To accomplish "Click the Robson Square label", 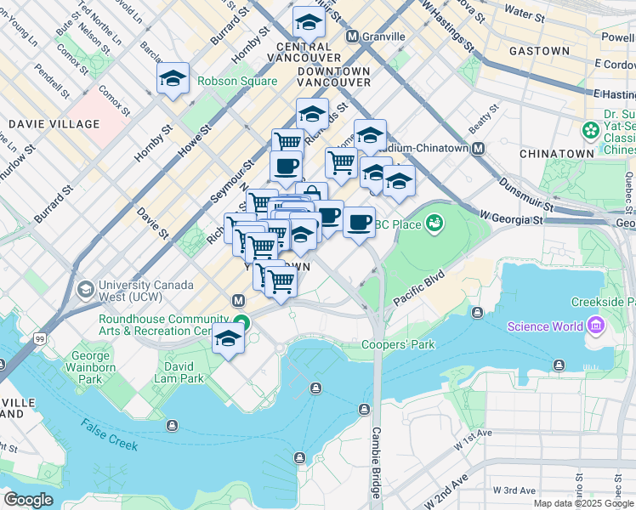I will pyautogui.click(x=237, y=82).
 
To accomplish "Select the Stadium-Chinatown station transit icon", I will pyautogui.click(x=479, y=148).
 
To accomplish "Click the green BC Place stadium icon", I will pyautogui.click(x=435, y=224).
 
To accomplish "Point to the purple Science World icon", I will pyautogui.click(x=594, y=326).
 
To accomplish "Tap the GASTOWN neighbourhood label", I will pyautogui.click(x=539, y=51).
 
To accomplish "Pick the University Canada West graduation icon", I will pyautogui.click(x=85, y=290).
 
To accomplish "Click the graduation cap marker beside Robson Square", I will pyautogui.click(x=173, y=80).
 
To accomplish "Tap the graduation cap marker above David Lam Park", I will pyautogui.click(x=228, y=339).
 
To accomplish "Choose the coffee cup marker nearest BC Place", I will pyautogui.click(x=359, y=222).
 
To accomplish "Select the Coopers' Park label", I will pyautogui.click(x=398, y=345).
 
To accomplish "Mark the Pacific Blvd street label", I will pyautogui.click(x=420, y=290).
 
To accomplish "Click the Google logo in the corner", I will pyautogui.click(x=28, y=500).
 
